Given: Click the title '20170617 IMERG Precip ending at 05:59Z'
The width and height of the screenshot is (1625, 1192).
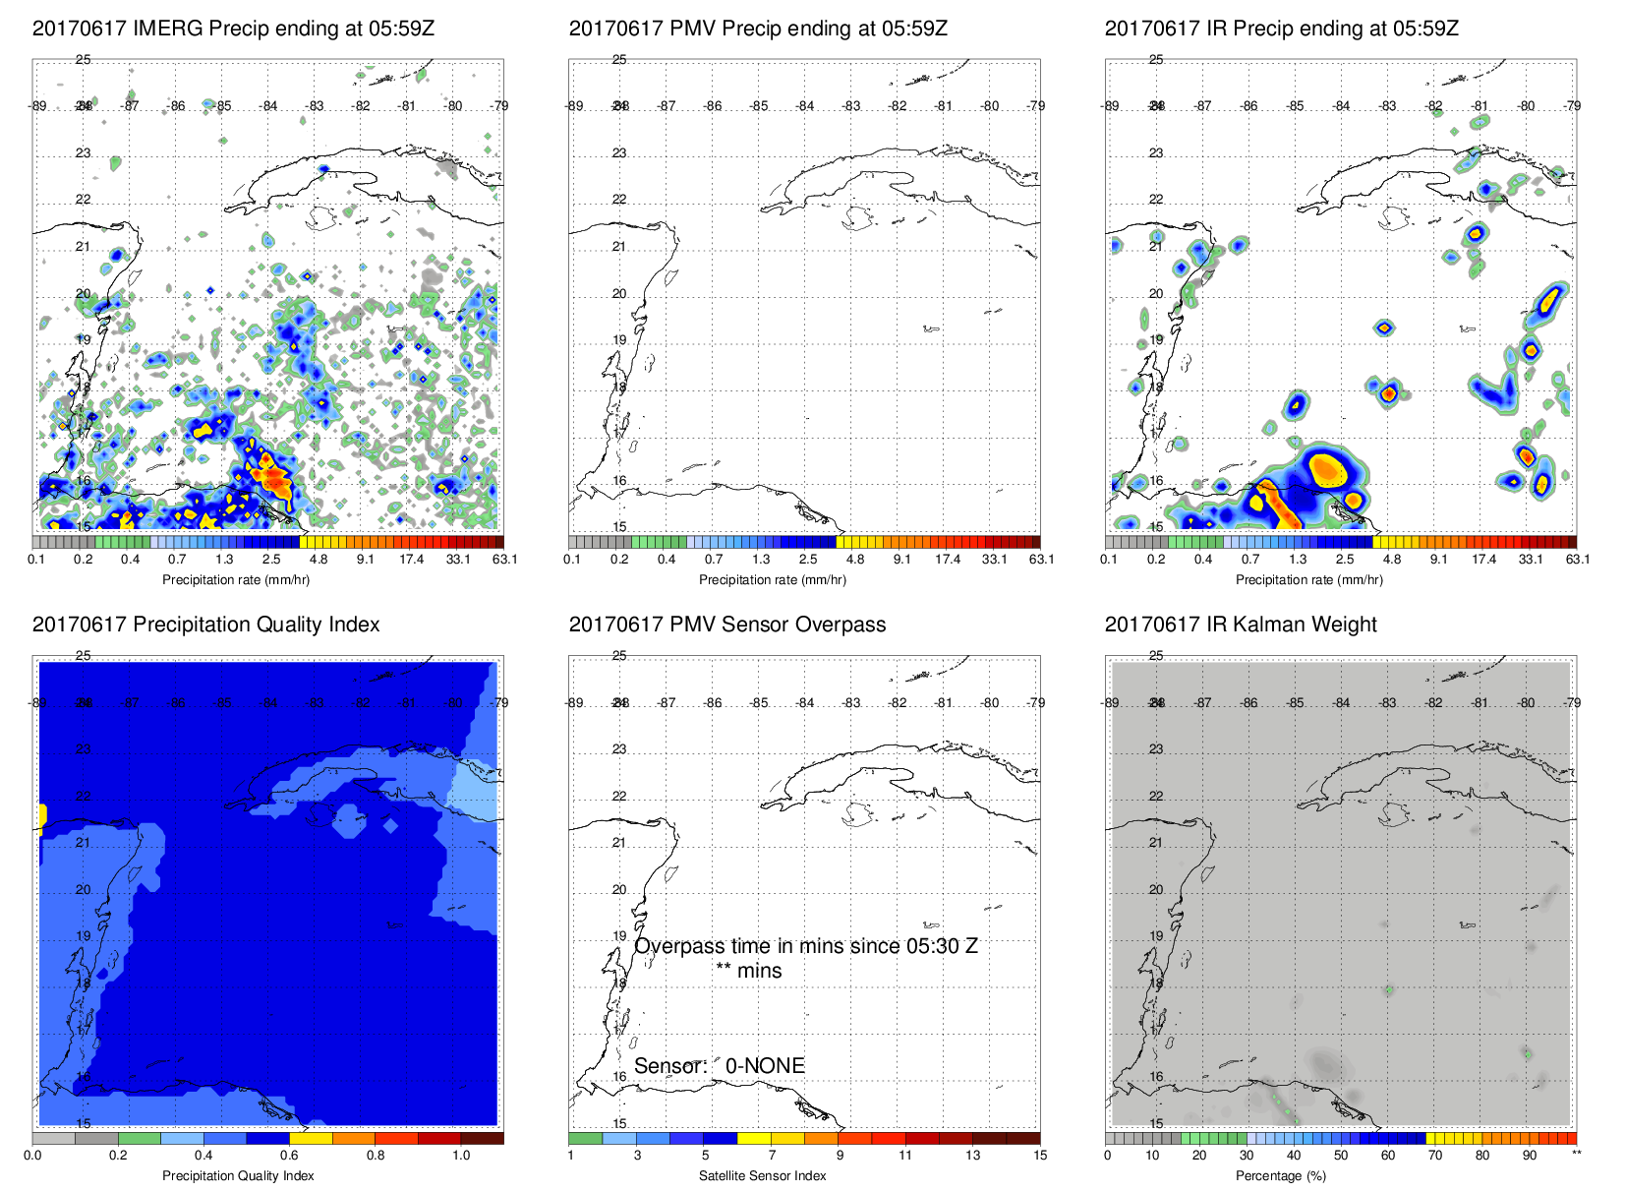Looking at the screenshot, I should click(233, 29).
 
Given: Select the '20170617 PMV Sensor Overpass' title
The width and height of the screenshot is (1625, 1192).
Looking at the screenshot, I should click(726, 625).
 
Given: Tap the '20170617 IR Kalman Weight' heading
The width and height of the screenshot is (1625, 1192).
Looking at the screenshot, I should click(1240, 625).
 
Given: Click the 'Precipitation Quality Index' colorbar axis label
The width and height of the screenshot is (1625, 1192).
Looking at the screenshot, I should click(238, 1175).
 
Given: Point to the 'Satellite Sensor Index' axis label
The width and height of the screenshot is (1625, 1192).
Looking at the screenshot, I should click(762, 1175).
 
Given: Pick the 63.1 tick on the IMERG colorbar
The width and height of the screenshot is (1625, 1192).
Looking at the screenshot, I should click(504, 560).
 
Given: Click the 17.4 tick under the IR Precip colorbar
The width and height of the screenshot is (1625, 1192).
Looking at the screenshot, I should click(1483, 560).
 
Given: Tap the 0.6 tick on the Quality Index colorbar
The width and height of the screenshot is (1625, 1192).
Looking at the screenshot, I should click(289, 1156).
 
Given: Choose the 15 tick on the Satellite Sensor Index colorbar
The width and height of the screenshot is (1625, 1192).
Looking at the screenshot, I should click(1040, 1156).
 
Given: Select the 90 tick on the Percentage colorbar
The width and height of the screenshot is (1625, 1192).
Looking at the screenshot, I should click(1529, 1156).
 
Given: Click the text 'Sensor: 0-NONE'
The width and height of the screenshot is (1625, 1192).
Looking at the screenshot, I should click(719, 1066).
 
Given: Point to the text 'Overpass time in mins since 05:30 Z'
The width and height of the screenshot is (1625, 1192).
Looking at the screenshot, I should click(805, 946).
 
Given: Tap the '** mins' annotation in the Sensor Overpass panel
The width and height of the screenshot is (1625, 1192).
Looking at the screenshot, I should click(748, 971).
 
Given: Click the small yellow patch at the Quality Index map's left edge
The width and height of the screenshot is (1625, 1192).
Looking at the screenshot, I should click(42, 816).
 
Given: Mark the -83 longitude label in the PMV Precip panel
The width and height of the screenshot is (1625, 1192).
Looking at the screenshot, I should click(851, 106).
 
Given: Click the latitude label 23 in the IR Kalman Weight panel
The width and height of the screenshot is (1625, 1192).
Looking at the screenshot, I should click(1156, 749).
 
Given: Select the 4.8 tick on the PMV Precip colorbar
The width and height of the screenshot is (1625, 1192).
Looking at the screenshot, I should click(854, 560).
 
